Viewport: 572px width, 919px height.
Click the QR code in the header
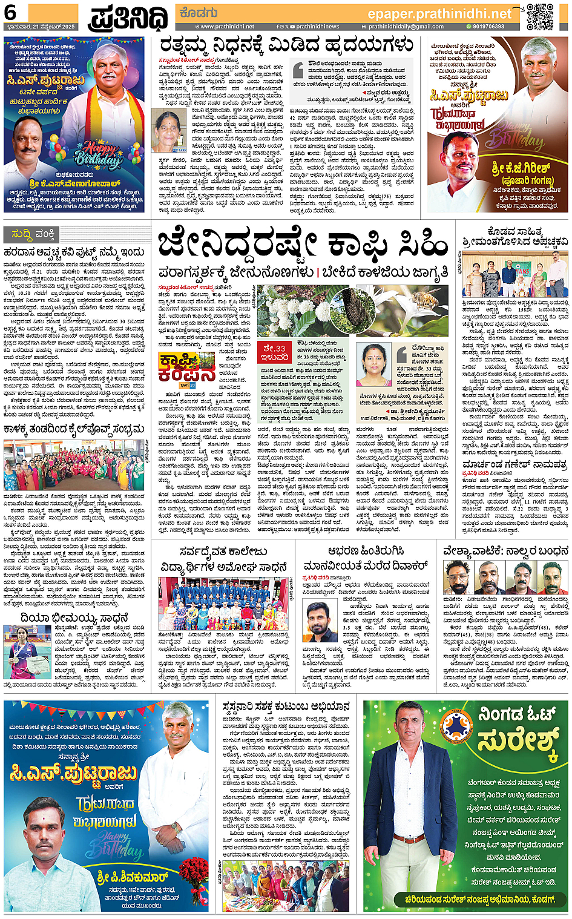click(540, 17)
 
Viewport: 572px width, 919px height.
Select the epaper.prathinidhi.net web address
click(439, 13)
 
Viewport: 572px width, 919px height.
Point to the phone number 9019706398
click(488, 27)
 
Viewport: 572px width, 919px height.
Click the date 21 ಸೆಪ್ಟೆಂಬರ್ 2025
click(40, 27)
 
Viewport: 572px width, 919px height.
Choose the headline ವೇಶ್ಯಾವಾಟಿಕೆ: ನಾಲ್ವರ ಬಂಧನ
click(505, 551)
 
